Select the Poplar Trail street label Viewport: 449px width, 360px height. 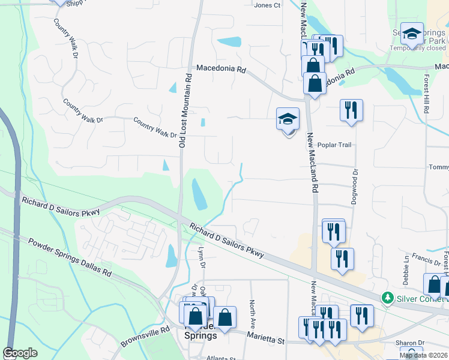(334, 145)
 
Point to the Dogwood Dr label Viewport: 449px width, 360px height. (355, 180)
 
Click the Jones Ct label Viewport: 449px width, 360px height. (267, 5)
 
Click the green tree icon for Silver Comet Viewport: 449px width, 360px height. (388, 298)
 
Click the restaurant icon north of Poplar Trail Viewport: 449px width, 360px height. (351, 110)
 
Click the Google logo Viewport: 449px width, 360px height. (20, 353)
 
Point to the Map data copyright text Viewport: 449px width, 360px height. (423, 355)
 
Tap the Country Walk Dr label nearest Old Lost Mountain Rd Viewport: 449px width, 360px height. (155, 127)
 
